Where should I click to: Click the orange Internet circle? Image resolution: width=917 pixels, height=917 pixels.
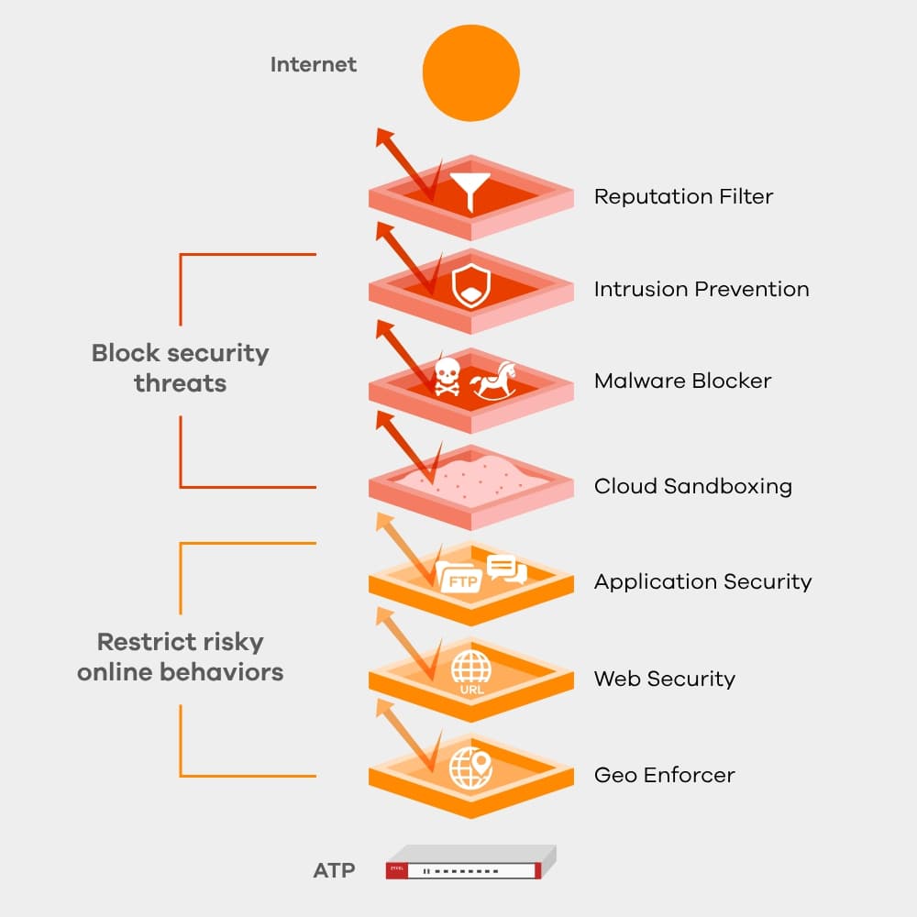[470, 73]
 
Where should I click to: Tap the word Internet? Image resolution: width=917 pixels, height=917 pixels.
[314, 65]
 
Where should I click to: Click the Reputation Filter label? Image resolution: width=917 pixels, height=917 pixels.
[683, 196]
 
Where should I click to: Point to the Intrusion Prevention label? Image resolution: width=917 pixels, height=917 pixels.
[702, 289]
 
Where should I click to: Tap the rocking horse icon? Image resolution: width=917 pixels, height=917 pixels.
[495, 380]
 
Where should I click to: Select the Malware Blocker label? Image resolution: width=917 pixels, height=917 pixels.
[682, 381]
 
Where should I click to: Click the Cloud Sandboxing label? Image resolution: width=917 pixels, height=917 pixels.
[692, 486]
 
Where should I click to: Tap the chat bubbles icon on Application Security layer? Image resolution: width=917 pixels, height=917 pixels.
[506, 569]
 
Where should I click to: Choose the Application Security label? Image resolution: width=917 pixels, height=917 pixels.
[702, 581]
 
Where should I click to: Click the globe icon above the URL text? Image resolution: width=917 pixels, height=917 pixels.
[471, 668]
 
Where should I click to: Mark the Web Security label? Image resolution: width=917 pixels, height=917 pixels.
[664, 679]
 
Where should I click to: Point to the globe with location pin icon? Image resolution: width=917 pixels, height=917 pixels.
[470, 768]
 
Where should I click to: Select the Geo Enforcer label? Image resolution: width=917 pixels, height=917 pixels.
[664, 775]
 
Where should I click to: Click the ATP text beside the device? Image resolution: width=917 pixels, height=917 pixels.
[334, 870]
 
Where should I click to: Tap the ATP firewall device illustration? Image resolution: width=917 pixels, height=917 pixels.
[470, 864]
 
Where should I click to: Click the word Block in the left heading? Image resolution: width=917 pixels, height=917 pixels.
[124, 353]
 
